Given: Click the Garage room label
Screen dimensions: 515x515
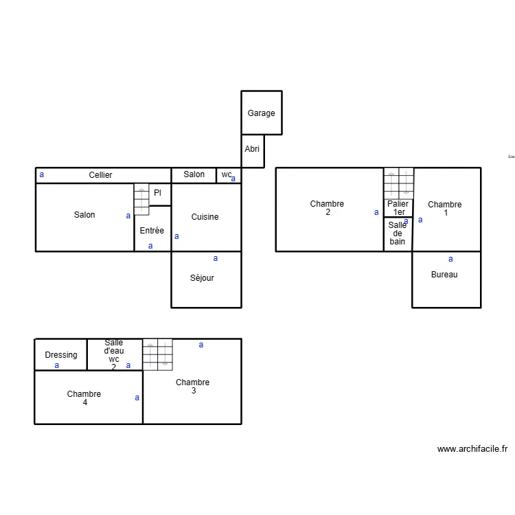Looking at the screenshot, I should [261, 113].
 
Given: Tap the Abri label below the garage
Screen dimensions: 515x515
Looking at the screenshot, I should [252, 149].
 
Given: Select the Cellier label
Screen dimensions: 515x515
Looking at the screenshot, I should [100, 175].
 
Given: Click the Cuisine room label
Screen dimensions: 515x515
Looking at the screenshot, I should [205, 217].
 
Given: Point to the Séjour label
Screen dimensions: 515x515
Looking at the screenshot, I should [202, 278].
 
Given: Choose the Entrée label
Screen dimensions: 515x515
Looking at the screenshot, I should [152, 231].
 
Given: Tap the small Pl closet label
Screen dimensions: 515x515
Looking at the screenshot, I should [157, 193].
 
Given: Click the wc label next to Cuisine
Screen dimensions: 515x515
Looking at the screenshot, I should [226, 174].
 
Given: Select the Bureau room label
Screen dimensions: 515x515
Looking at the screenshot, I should [444, 275].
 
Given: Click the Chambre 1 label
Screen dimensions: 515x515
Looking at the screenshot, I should [444, 209].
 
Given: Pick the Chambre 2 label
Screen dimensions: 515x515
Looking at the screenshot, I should [327, 208].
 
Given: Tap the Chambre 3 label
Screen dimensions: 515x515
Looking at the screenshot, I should [192, 387].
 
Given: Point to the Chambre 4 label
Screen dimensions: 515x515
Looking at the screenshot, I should [84, 398].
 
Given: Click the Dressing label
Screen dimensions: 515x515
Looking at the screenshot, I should [61, 355].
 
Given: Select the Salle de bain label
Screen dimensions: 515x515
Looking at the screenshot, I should [398, 233].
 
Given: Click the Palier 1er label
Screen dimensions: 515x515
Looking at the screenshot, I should [398, 208].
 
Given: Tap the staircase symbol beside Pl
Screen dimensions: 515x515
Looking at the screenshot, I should [141, 199].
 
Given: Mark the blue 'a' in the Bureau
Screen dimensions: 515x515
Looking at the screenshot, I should [450, 259].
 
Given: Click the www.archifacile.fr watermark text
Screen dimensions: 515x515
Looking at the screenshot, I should [472, 449].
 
